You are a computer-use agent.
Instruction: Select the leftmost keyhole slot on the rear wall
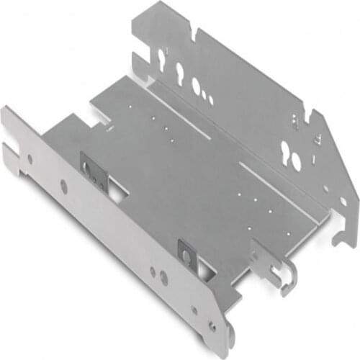[x=160, y=59]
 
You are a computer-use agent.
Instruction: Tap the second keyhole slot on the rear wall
[x=179, y=72]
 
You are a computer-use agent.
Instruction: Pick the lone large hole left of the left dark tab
[x=63, y=186]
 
